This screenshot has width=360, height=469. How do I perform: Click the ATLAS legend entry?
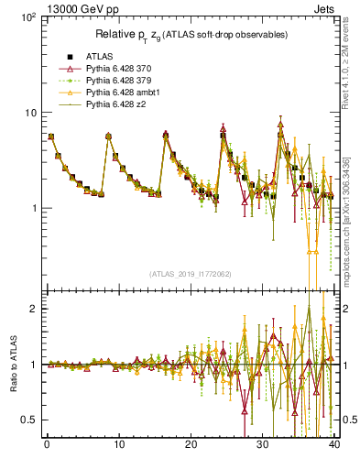point(98,56)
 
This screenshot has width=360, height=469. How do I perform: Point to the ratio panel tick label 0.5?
point(32,420)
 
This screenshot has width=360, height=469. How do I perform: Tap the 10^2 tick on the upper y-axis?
point(29,17)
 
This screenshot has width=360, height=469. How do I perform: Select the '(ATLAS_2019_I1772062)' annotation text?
point(190,274)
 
